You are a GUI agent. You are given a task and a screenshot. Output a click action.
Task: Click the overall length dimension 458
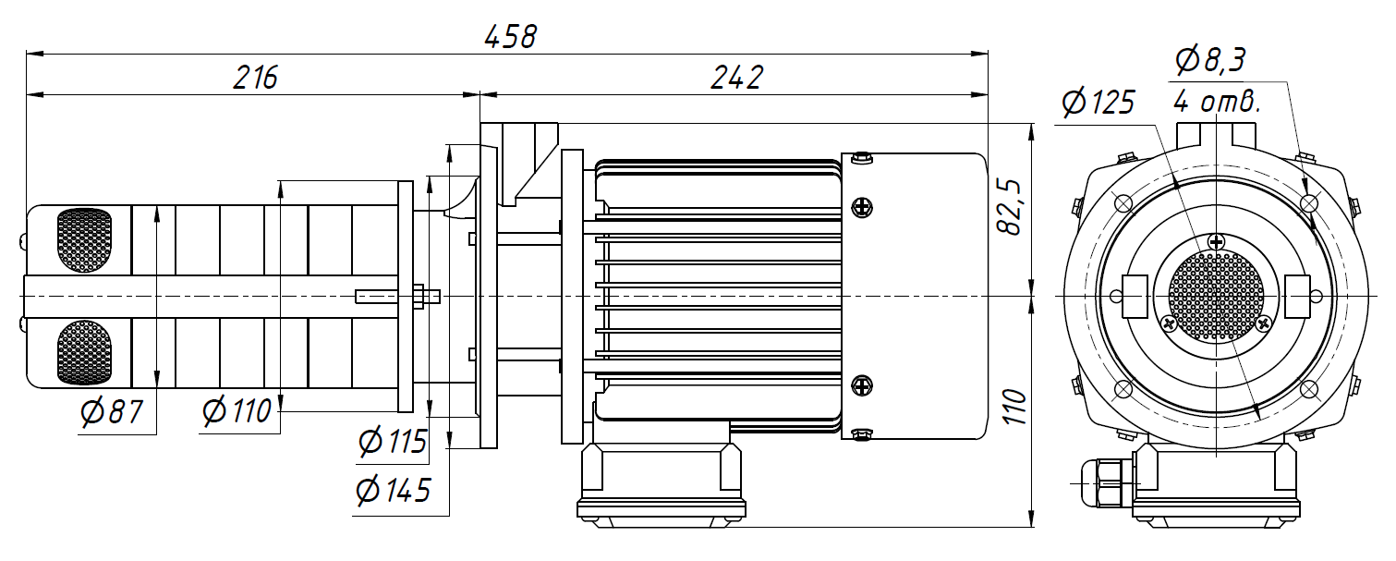click(x=510, y=37)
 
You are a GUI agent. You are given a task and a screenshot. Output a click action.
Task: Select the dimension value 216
click(x=255, y=78)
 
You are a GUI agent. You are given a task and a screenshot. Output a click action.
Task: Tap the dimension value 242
click(x=736, y=78)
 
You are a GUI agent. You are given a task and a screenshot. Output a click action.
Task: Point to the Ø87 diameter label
click(x=112, y=412)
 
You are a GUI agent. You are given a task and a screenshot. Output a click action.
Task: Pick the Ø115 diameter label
click(x=394, y=443)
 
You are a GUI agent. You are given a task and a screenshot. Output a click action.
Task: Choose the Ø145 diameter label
click(x=394, y=490)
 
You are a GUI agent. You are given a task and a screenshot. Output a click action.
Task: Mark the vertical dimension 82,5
click(x=1013, y=208)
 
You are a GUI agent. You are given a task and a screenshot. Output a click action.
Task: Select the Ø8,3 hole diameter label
click(x=1209, y=61)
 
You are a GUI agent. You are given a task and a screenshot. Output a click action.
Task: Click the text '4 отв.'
click(x=1216, y=102)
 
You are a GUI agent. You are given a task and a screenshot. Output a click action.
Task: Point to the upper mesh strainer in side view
click(x=84, y=241)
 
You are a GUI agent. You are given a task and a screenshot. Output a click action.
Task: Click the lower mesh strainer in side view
click(x=84, y=353)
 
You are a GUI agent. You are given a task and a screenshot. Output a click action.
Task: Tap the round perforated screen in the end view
click(x=1216, y=297)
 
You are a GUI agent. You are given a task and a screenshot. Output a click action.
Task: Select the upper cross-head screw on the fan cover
click(x=861, y=207)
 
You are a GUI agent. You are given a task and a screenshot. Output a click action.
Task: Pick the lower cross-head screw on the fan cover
click(x=861, y=384)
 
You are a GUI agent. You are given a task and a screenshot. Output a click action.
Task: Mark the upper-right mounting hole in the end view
click(x=1308, y=203)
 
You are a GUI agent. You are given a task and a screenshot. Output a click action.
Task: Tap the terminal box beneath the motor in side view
click(x=661, y=481)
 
